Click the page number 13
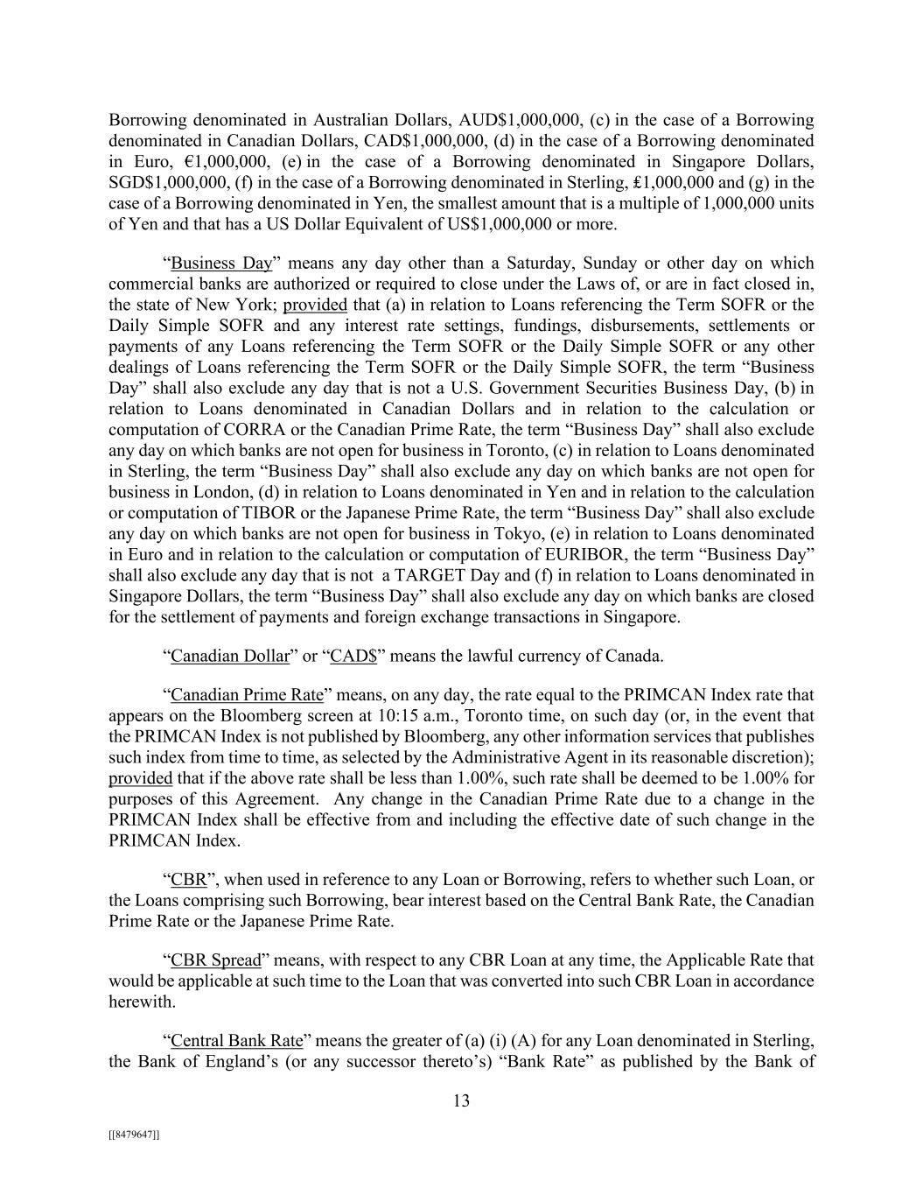point(461,1101)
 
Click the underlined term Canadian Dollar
point(230,656)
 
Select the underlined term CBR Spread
point(216,960)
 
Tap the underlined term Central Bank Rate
point(236,1041)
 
